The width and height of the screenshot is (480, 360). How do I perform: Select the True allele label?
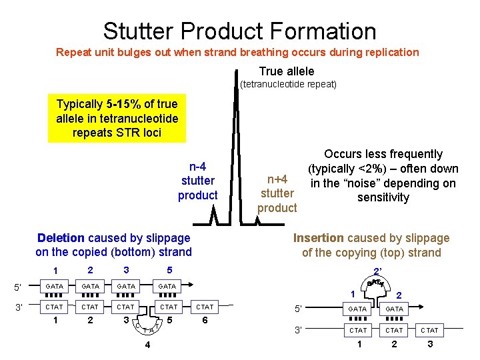click(287, 71)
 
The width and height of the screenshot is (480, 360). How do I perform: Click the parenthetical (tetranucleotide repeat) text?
click(288, 85)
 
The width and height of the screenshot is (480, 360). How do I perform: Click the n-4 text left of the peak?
click(197, 167)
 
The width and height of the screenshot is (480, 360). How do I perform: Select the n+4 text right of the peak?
click(277, 179)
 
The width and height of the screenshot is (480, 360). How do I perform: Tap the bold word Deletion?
click(61, 238)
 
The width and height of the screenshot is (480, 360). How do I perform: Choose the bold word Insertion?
click(318, 238)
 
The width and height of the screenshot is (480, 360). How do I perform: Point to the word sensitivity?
click(383, 197)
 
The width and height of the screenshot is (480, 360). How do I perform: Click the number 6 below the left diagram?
click(205, 320)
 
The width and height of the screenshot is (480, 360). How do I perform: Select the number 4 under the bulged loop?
click(147, 344)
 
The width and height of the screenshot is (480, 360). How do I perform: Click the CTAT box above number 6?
click(205, 307)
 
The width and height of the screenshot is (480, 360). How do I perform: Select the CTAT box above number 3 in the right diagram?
click(430, 330)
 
